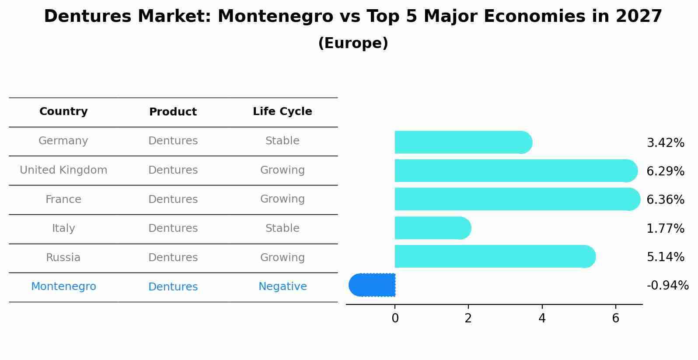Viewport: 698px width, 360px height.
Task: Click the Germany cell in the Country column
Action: [63, 141]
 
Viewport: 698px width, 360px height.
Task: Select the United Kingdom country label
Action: [63, 170]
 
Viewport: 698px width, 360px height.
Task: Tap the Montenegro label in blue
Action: [63, 287]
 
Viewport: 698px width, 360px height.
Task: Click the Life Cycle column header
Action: [282, 112]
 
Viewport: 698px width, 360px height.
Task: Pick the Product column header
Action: [173, 112]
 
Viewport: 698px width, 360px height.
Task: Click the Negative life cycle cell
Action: [283, 287]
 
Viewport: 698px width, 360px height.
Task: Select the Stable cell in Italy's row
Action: [283, 228]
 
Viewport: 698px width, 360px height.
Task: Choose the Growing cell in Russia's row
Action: [283, 258]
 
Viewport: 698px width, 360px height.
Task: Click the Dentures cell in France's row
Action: [173, 199]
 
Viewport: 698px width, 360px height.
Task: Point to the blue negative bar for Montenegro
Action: [373, 285]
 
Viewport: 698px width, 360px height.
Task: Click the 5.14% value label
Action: [665, 257]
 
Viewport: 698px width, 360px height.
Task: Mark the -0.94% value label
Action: [667, 286]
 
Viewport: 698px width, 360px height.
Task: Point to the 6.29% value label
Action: [665, 171]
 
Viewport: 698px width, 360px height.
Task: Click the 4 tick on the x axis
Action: [542, 318]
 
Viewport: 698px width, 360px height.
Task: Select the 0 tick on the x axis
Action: [395, 318]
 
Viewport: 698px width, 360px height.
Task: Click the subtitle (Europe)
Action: [353, 43]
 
